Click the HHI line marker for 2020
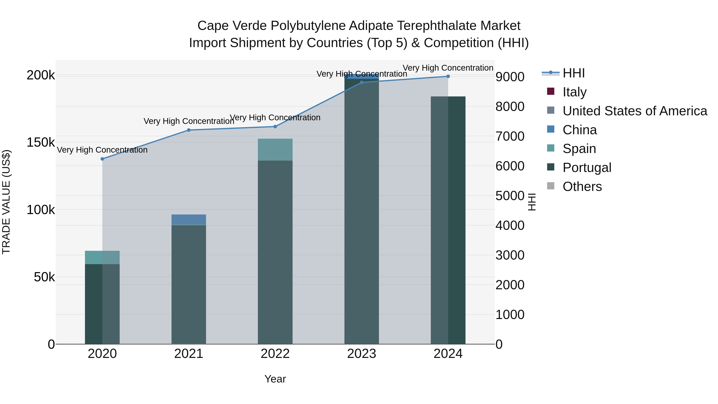(102, 159)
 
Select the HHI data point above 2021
(189, 130)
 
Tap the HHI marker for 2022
(275, 126)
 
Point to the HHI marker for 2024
(448, 76)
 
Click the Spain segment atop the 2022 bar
(275, 149)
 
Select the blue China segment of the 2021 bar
(189, 219)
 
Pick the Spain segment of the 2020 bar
(102, 257)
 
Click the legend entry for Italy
(574, 92)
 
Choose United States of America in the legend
(635, 111)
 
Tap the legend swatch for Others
(551, 186)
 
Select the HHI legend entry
(573, 73)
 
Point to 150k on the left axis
(41, 142)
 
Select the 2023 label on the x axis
(362, 354)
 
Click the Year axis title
(275, 379)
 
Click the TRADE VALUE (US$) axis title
(6, 202)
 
